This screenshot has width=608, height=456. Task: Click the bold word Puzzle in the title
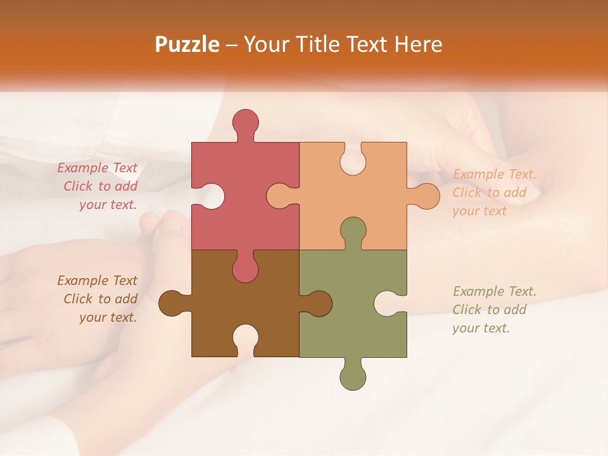point(187,45)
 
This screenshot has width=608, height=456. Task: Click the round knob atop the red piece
point(245,123)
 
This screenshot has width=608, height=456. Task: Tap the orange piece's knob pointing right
point(425,196)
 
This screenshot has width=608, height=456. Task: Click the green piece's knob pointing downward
point(353,376)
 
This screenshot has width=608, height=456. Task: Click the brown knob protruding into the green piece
point(318,303)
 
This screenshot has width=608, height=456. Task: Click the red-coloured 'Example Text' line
point(98,168)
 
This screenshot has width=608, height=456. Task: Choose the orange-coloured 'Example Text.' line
point(495,174)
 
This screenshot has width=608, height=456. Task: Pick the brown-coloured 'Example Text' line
point(98,281)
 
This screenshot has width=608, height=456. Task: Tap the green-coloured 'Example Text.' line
point(495,291)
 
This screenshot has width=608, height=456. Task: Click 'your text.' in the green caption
point(481,328)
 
